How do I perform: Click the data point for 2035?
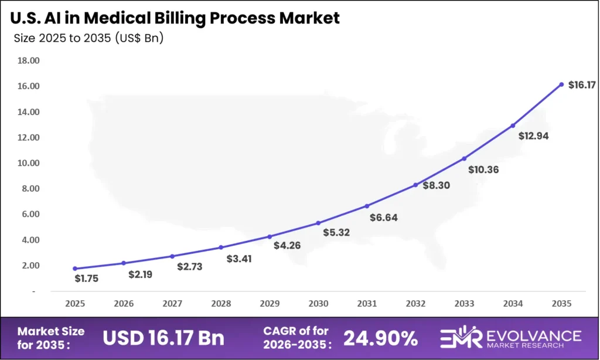pyautogui.click(x=561, y=84)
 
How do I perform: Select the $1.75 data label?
pyautogui.click(x=86, y=279)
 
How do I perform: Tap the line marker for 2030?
pyautogui.click(x=318, y=223)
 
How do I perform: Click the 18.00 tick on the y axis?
pyautogui.click(x=28, y=60)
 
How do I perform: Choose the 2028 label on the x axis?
pyautogui.click(x=221, y=304)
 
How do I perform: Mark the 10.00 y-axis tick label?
pyautogui.click(x=28, y=163)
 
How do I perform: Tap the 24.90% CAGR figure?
pyautogui.click(x=380, y=338)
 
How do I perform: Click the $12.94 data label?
pyautogui.click(x=533, y=136)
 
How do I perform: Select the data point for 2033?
pyautogui.click(x=464, y=158)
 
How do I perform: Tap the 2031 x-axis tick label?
pyautogui.click(x=367, y=304)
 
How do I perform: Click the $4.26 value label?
pyautogui.click(x=287, y=245)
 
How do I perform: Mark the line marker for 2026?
pyautogui.click(x=124, y=263)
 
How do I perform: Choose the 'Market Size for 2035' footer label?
pyautogui.click(x=52, y=338)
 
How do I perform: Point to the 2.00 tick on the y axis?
pyautogui.click(x=28, y=266)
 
